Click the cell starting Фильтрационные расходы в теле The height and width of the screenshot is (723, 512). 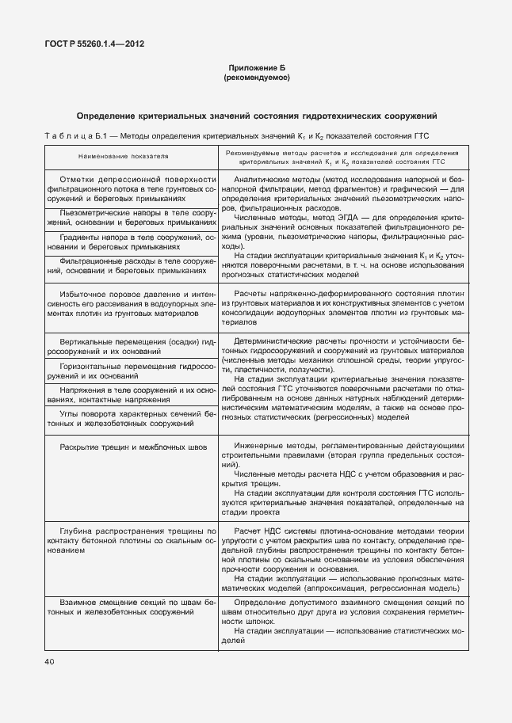(132, 265)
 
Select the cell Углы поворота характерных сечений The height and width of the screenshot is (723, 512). (132, 419)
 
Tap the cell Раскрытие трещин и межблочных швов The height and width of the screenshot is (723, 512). (132, 447)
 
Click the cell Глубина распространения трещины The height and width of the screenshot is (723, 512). (132, 539)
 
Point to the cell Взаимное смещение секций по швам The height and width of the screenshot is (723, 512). (132, 609)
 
